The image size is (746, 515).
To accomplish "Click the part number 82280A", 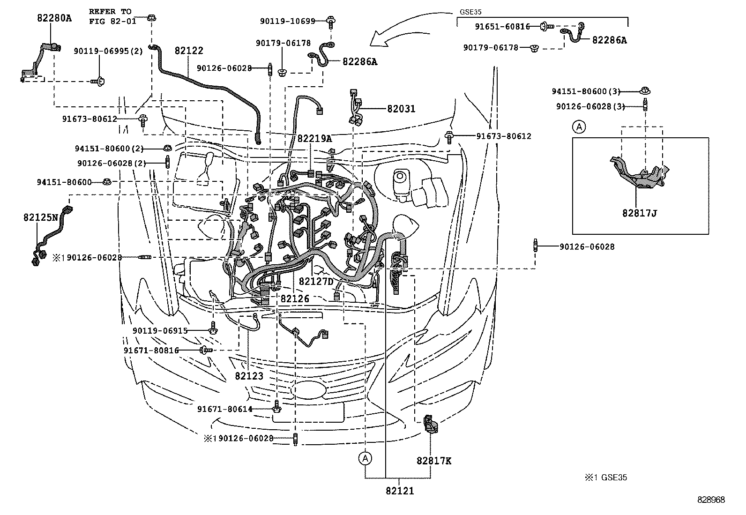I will click(54, 18).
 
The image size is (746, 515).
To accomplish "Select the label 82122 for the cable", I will click(189, 51).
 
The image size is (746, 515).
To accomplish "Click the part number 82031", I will click(401, 109).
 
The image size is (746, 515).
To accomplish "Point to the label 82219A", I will click(314, 138).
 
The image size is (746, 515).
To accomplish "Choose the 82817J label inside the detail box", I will click(640, 213).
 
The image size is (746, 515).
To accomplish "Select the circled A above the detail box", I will click(579, 127).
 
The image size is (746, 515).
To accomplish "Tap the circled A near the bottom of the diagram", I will click(366, 458).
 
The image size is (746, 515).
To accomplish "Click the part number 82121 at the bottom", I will click(400, 491).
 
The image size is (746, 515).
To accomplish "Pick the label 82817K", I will click(434, 461).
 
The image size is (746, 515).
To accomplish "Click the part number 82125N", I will click(41, 217).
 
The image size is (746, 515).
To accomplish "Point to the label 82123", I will click(249, 376).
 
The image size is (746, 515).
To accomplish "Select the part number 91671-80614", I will click(224, 409).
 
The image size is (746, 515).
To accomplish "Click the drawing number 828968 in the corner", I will click(710, 500).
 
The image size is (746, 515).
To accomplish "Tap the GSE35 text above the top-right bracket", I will click(471, 13).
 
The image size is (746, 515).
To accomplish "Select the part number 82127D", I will click(316, 281).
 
